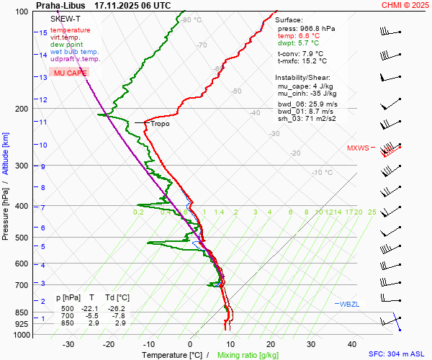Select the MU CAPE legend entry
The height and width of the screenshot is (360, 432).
click(70, 73)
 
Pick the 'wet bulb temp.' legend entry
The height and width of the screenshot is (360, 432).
click(75, 52)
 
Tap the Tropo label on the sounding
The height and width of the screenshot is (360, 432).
click(160, 124)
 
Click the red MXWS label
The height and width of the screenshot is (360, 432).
click(358, 148)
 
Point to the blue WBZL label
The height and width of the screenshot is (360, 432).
click(349, 304)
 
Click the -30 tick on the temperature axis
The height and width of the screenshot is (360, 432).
click(68, 344)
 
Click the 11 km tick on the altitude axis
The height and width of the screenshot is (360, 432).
click(43, 122)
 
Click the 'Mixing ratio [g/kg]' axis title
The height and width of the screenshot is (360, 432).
click(248, 355)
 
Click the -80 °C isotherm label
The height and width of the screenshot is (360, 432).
click(192, 20)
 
